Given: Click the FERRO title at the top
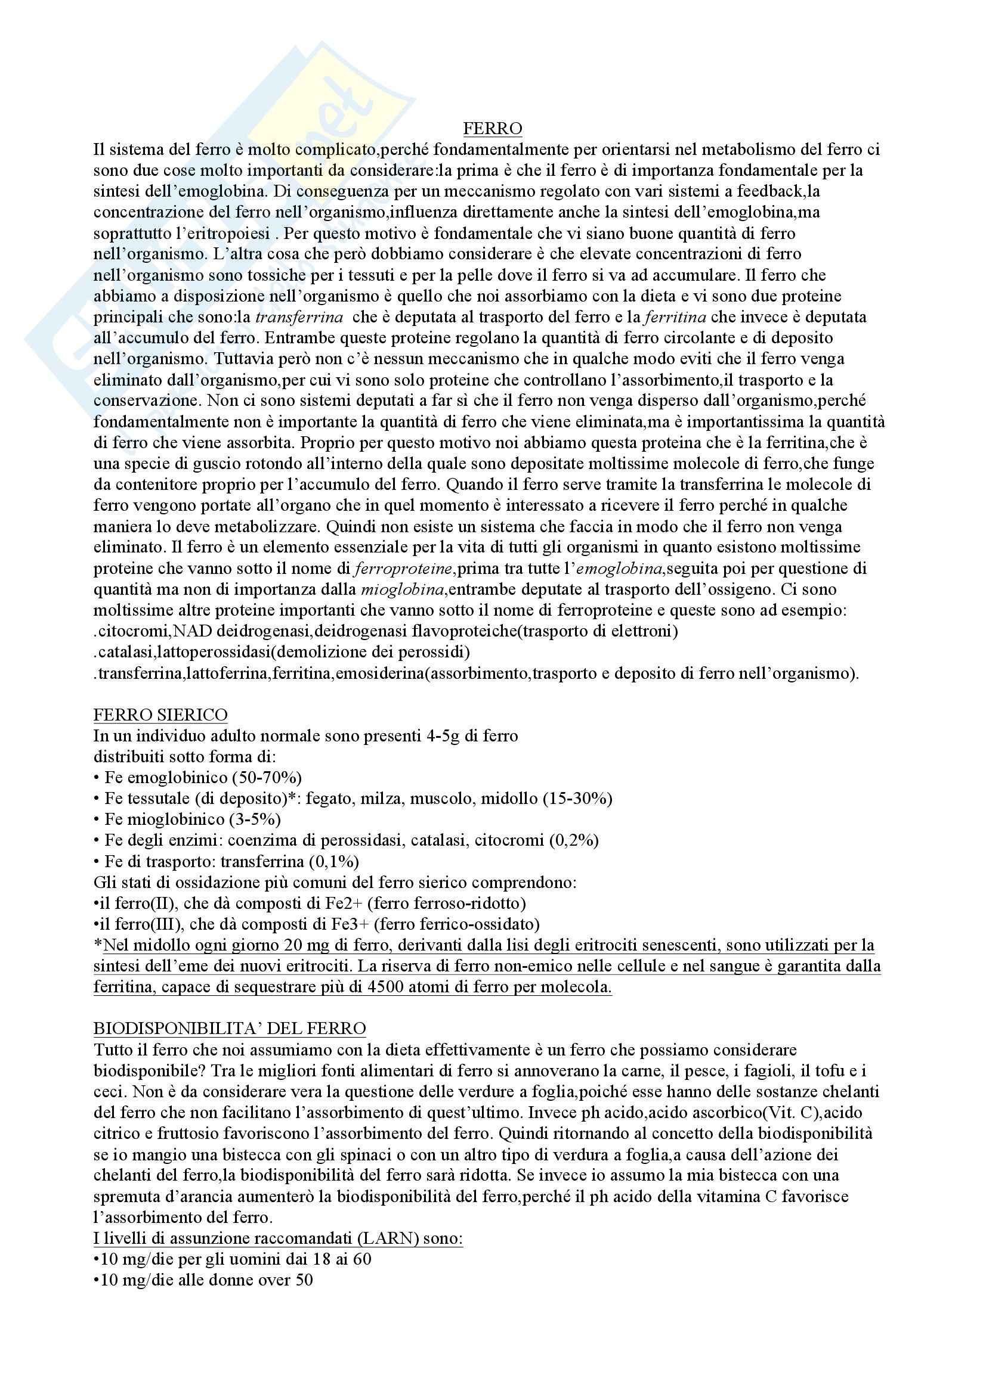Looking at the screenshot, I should point(492,129).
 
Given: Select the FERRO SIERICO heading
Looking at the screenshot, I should point(160,715).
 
